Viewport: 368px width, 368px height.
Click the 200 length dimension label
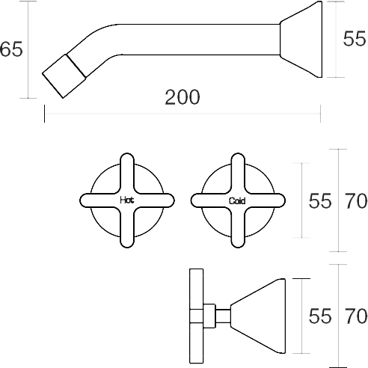click(x=183, y=97)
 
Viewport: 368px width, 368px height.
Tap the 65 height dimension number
click(x=11, y=49)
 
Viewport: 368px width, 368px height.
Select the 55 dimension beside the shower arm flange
click(x=355, y=39)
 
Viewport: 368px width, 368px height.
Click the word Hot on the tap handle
click(x=127, y=200)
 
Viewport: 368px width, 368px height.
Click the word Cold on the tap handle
click(x=237, y=200)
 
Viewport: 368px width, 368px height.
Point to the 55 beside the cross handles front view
click(x=320, y=200)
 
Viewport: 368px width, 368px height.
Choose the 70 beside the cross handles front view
click(x=356, y=200)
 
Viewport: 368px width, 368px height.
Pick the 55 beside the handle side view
click(x=320, y=316)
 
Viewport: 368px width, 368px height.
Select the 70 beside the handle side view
click(x=356, y=316)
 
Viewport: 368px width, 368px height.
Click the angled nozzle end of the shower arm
click(x=64, y=76)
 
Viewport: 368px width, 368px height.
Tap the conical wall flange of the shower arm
click(x=301, y=40)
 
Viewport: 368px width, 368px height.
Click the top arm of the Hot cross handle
click(x=127, y=173)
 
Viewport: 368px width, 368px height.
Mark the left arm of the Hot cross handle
click(x=99, y=200)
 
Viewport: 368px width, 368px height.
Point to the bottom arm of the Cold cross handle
click(x=238, y=227)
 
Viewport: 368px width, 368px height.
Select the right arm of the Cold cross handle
click(x=266, y=200)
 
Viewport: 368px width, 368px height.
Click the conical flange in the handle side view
click(x=258, y=316)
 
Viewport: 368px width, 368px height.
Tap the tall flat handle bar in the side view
click(x=197, y=316)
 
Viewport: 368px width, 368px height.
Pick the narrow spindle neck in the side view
click(x=223, y=316)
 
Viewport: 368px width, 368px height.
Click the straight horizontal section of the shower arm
click(x=200, y=40)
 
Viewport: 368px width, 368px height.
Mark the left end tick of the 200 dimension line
click(x=44, y=114)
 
